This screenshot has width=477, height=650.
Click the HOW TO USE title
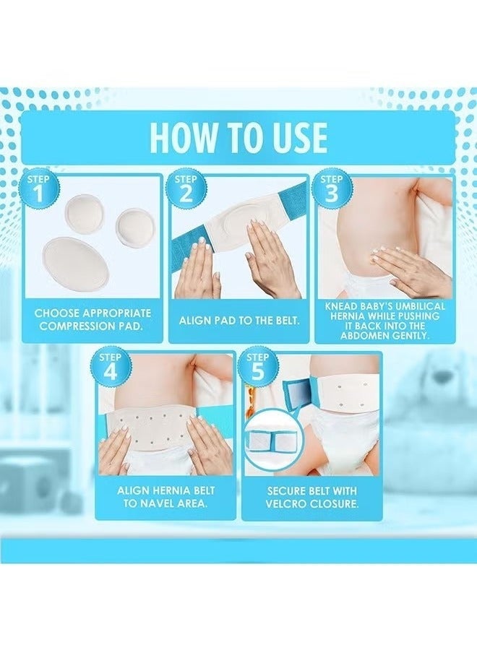tap(239, 136)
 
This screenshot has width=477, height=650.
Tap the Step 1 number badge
tap(38, 189)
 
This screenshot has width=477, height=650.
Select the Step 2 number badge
tap(185, 189)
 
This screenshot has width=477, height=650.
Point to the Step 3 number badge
tap(332, 189)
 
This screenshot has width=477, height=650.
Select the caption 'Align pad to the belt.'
tap(239, 321)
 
